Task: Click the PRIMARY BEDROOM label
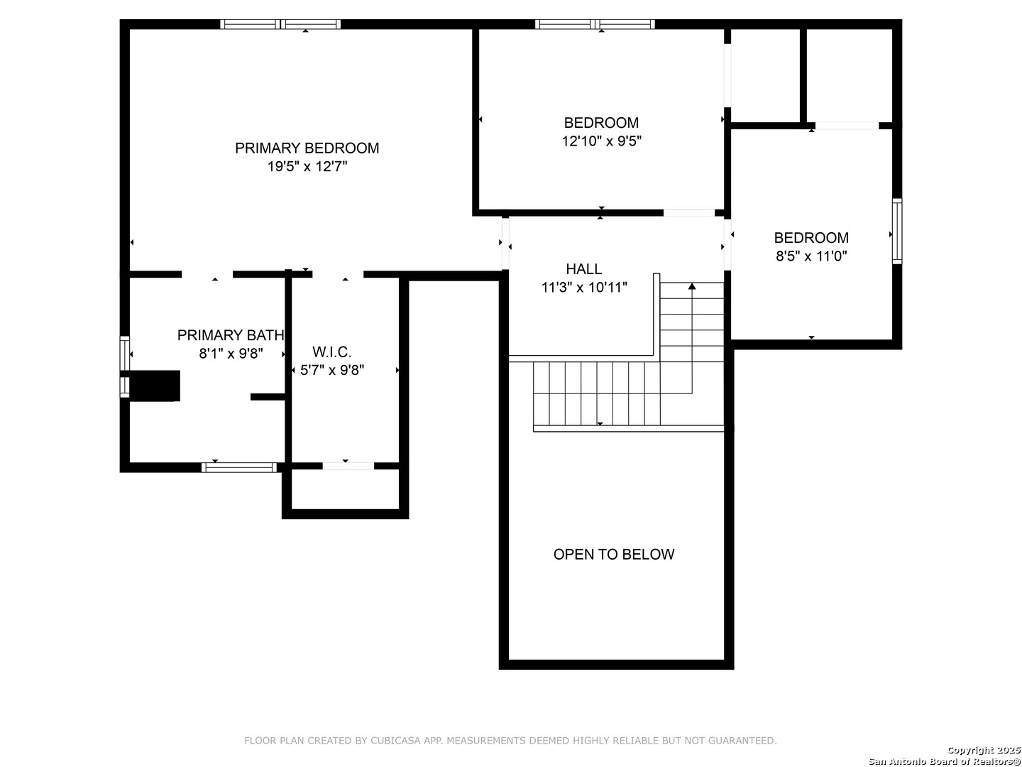307,148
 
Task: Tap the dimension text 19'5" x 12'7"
307,167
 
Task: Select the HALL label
583,269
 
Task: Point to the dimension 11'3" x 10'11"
583,288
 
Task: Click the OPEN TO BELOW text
613,555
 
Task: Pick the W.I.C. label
331,352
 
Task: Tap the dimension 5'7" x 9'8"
331,370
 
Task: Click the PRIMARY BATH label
231,335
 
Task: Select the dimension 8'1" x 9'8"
231,354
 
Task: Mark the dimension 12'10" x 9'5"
601,141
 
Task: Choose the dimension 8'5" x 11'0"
811,256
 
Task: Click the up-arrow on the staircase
692,286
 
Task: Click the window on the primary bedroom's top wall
280,24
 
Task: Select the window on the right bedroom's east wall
897,232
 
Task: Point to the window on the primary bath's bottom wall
239,467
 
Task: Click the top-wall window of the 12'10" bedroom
595,24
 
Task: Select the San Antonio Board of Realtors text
944,761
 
